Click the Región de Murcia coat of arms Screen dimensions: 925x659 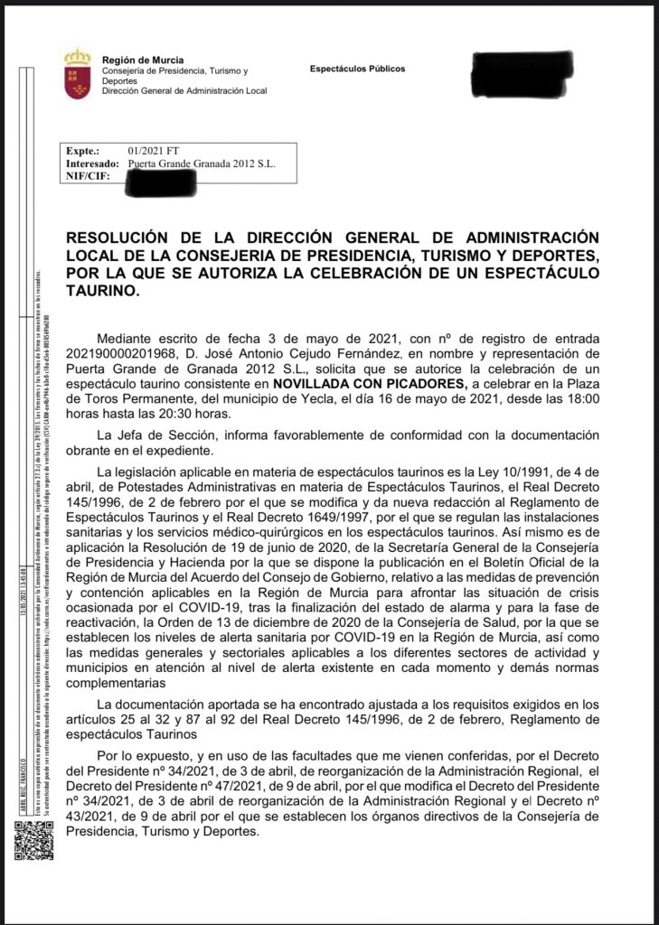[78, 73]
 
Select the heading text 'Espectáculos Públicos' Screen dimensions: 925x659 [357, 69]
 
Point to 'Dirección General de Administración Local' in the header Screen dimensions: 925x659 [184, 90]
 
